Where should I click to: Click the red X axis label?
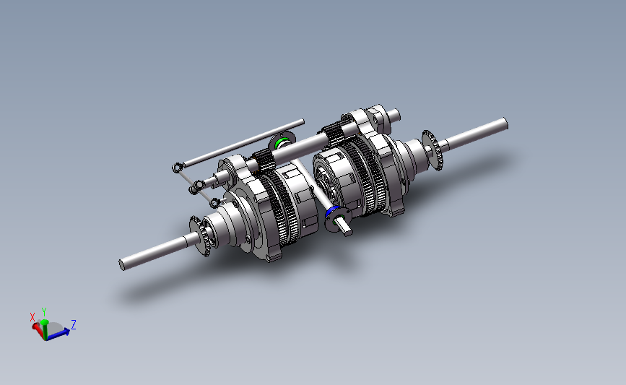(32, 316)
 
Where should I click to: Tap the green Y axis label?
(44, 311)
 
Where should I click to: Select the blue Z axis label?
(73, 324)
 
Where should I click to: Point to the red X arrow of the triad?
(37, 328)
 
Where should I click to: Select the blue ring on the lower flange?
(331, 212)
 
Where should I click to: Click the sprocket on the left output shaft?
(201, 235)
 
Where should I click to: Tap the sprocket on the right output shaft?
(432, 150)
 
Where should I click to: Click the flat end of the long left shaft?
(122, 264)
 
